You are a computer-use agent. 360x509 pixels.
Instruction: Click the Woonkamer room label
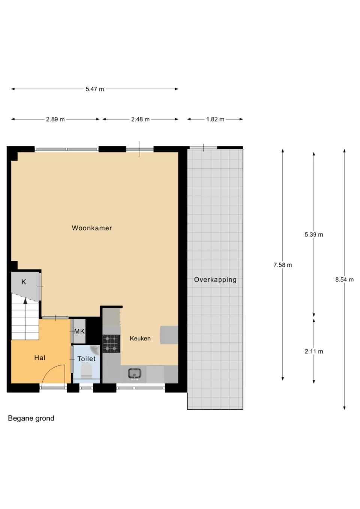[92, 228]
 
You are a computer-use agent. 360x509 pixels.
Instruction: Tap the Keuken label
[140, 338]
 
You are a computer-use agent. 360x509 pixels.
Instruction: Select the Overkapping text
[215, 280]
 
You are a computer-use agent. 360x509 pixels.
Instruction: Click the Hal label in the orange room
[40, 358]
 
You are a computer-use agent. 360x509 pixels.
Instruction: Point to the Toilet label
[86, 359]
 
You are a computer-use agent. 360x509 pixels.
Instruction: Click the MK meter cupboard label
[79, 331]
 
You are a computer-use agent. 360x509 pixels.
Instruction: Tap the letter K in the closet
[24, 282]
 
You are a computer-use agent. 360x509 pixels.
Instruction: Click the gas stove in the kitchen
[111, 344]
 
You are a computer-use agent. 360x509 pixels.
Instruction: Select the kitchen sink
[135, 374]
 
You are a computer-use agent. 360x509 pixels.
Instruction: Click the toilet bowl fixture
[86, 371]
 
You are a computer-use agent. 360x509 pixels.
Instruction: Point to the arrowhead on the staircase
[25, 301]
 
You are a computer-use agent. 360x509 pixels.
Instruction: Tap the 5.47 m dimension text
[95, 89]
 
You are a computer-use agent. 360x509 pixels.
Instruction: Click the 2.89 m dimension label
[55, 119]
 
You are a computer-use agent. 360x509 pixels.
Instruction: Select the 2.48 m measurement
[141, 119]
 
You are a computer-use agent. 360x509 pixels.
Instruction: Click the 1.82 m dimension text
[215, 119]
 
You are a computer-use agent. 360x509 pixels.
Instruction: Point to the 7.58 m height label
[283, 265]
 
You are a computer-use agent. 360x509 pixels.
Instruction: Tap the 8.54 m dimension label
[345, 280]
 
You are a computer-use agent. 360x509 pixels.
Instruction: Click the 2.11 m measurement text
[314, 351]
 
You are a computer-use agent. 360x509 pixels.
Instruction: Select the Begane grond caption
[31, 418]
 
